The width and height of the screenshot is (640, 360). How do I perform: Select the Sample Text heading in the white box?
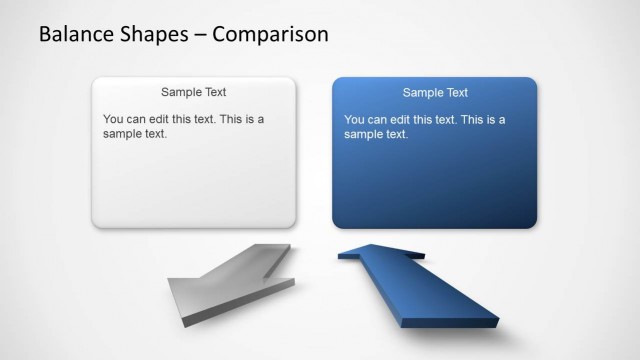[x=194, y=92]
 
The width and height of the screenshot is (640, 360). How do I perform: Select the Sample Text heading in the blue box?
[x=435, y=93]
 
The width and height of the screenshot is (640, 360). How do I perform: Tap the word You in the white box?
[x=113, y=119]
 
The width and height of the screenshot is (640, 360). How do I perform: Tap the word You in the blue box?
[x=354, y=120]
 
